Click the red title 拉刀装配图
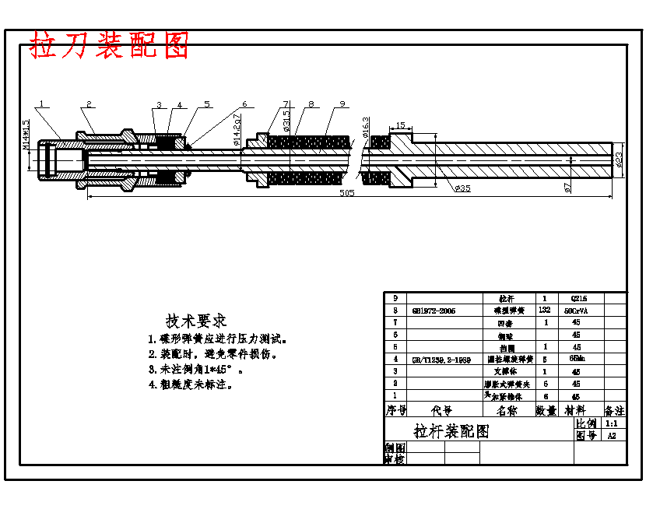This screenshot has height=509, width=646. (x=110, y=46)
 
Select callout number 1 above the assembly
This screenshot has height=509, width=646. (x=42, y=103)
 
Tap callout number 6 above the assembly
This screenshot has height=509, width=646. (x=244, y=104)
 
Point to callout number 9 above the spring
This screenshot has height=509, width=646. (x=342, y=104)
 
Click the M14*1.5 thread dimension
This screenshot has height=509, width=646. (x=26, y=135)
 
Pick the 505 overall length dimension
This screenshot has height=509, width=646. (x=347, y=192)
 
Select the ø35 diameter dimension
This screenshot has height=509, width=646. (x=462, y=188)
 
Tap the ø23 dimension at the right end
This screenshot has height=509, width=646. (x=619, y=159)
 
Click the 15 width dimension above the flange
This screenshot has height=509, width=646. (x=400, y=125)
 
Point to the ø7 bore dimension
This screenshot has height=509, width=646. (x=567, y=188)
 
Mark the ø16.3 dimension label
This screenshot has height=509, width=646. (x=366, y=125)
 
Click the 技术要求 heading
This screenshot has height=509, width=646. (x=195, y=321)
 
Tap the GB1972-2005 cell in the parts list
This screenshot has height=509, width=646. (x=434, y=311)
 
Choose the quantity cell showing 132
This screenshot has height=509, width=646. (x=545, y=310)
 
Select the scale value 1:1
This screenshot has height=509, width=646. (x=612, y=423)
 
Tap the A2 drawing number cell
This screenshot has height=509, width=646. (x=612, y=436)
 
